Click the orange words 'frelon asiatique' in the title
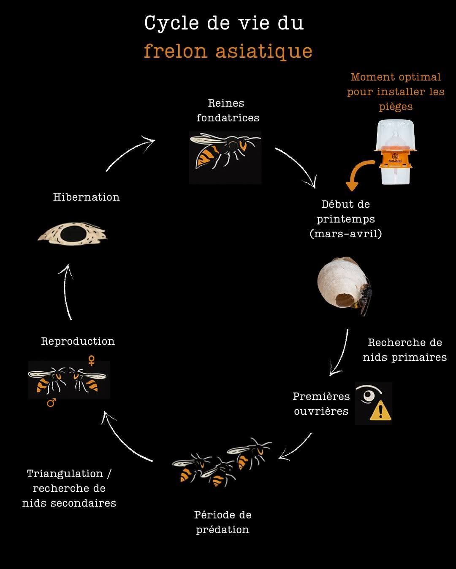pos(228,51)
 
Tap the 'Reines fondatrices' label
pos(227,110)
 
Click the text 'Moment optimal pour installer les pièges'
pos(396,91)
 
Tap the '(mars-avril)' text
pos(346,233)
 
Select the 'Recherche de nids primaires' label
pos(404,350)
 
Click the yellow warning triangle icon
pos(380,411)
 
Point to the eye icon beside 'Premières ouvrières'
pos(366,395)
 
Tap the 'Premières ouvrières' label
pos(321,404)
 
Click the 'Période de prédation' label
pos(223,522)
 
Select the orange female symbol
pos(91,360)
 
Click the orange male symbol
pos(52,403)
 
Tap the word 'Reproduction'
pos(78,341)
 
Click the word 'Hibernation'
pos(86,197)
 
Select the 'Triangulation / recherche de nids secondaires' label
pos(69,488)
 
